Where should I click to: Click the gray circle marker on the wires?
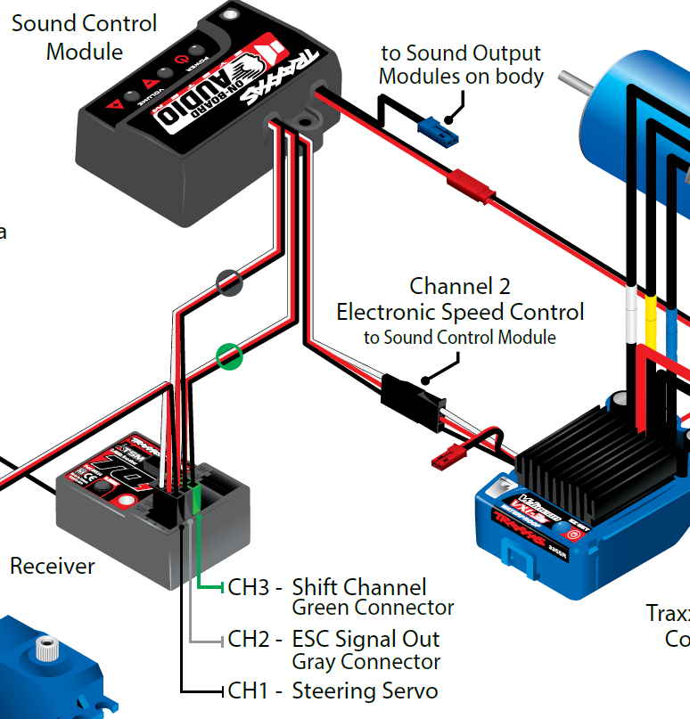230,283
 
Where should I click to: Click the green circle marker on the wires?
230,358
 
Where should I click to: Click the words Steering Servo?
365,690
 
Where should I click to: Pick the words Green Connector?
373,609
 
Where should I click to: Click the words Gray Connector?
366,662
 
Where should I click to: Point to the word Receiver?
52,566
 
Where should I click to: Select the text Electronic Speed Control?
460,312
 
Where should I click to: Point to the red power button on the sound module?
183,56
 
